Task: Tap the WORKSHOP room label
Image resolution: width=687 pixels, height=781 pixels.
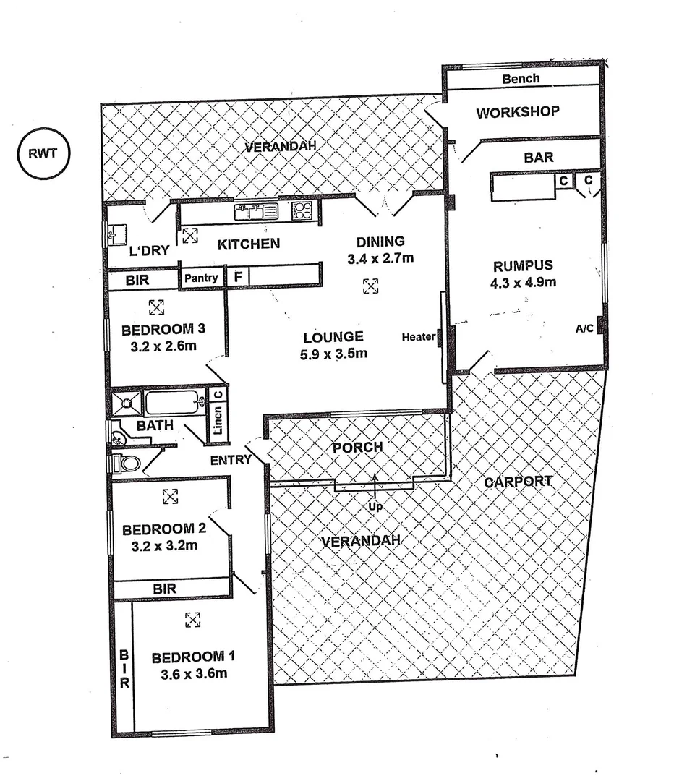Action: (518, 112)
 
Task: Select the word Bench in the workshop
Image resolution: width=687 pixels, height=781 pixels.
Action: (521, 78)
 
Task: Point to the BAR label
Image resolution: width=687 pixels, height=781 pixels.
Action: (538, 157)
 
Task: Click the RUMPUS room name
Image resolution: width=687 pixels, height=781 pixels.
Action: (523, 265)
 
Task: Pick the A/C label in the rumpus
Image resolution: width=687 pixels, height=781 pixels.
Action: (584, 328)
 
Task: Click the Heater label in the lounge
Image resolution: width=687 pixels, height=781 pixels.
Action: (419, 336)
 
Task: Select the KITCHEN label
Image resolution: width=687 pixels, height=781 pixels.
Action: (249, 244)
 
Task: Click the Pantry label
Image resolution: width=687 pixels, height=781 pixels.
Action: (201, 278)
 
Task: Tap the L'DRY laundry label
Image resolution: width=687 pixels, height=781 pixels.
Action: (149, 251)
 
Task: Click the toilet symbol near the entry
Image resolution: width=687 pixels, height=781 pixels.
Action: (127, 462)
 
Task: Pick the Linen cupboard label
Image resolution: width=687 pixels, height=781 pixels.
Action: (218, 420)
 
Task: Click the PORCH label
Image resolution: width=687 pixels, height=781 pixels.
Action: (357, 448)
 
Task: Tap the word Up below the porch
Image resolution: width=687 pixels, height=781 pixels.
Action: (375, 507)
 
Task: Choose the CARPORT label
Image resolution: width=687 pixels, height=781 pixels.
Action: (518, 482)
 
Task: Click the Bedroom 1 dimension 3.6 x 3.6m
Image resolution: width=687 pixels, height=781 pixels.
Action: (193, 675)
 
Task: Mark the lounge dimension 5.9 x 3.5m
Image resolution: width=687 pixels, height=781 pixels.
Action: (333, 354)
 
